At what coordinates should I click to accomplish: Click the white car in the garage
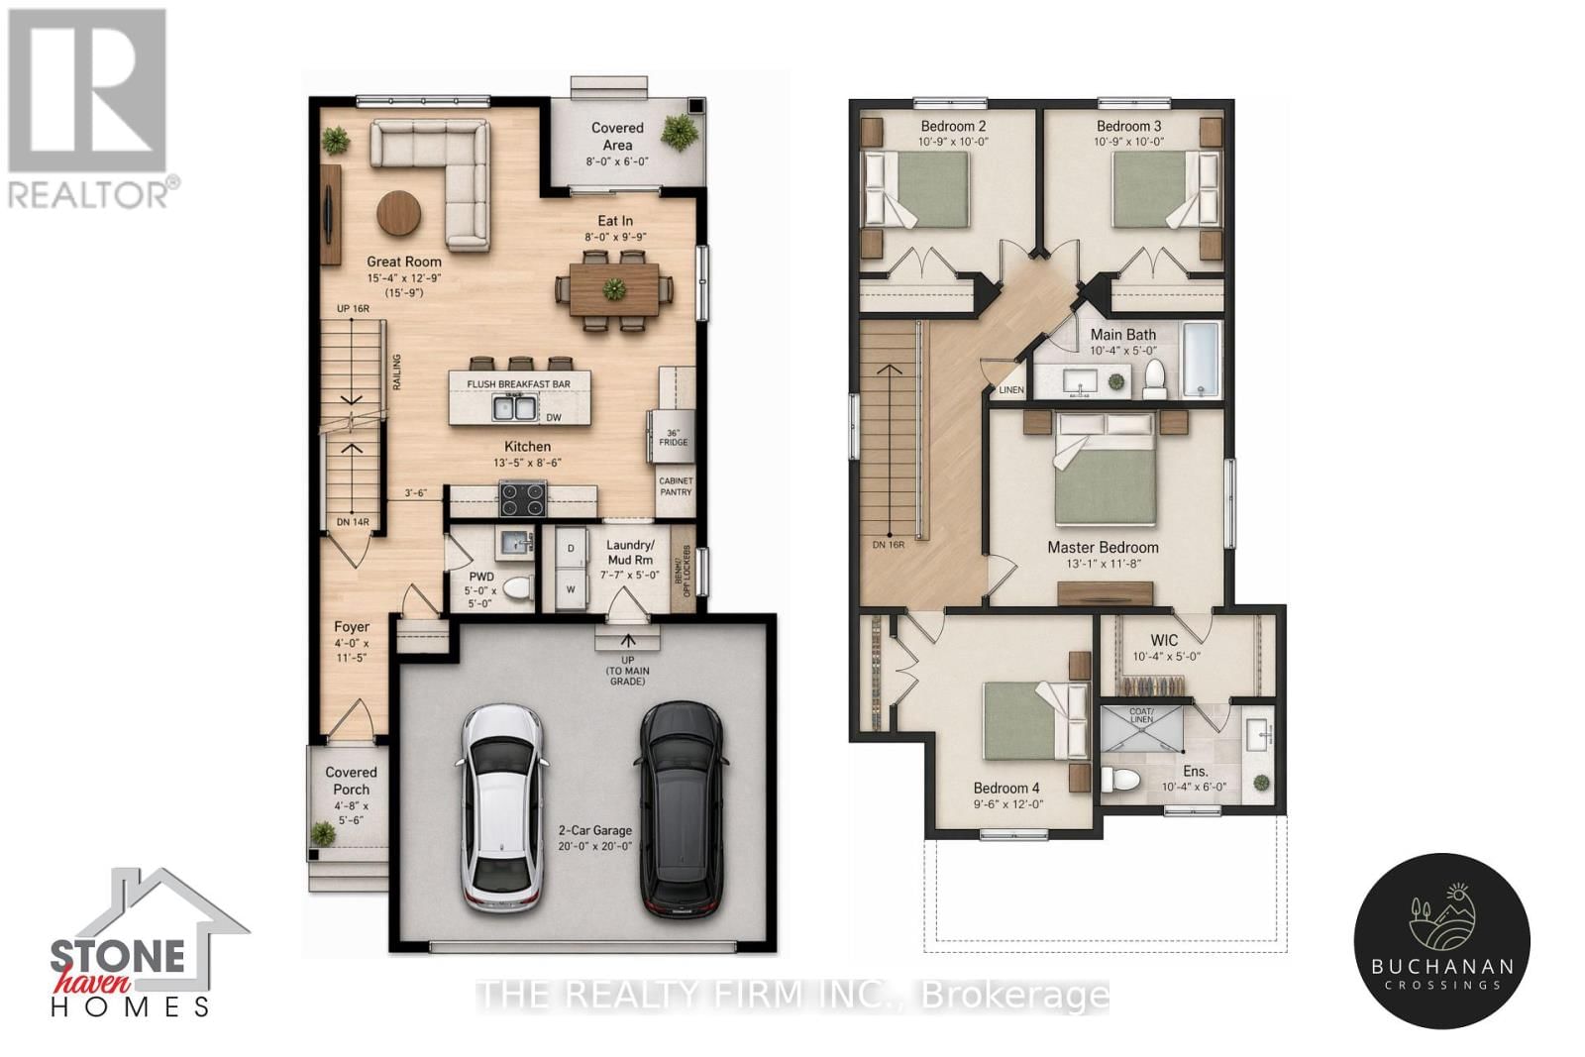[x=503, y=807]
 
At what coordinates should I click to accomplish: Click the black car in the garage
[x=680, y=807]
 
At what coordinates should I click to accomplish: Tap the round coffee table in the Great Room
[x=398, y=212]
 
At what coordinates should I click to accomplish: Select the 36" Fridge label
[x=673, y=437]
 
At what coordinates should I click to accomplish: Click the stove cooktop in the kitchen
[x=521, y=498]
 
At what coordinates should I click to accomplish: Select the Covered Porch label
[x=351, y=781]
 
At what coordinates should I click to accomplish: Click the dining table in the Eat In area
[x=614, y=289]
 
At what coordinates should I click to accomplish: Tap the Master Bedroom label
[x=1103, y=547]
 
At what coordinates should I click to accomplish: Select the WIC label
[x=1164, y=640]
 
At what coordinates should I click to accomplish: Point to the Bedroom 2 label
[x=953, y=126]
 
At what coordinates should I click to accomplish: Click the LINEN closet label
[x=1011, y=390]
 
